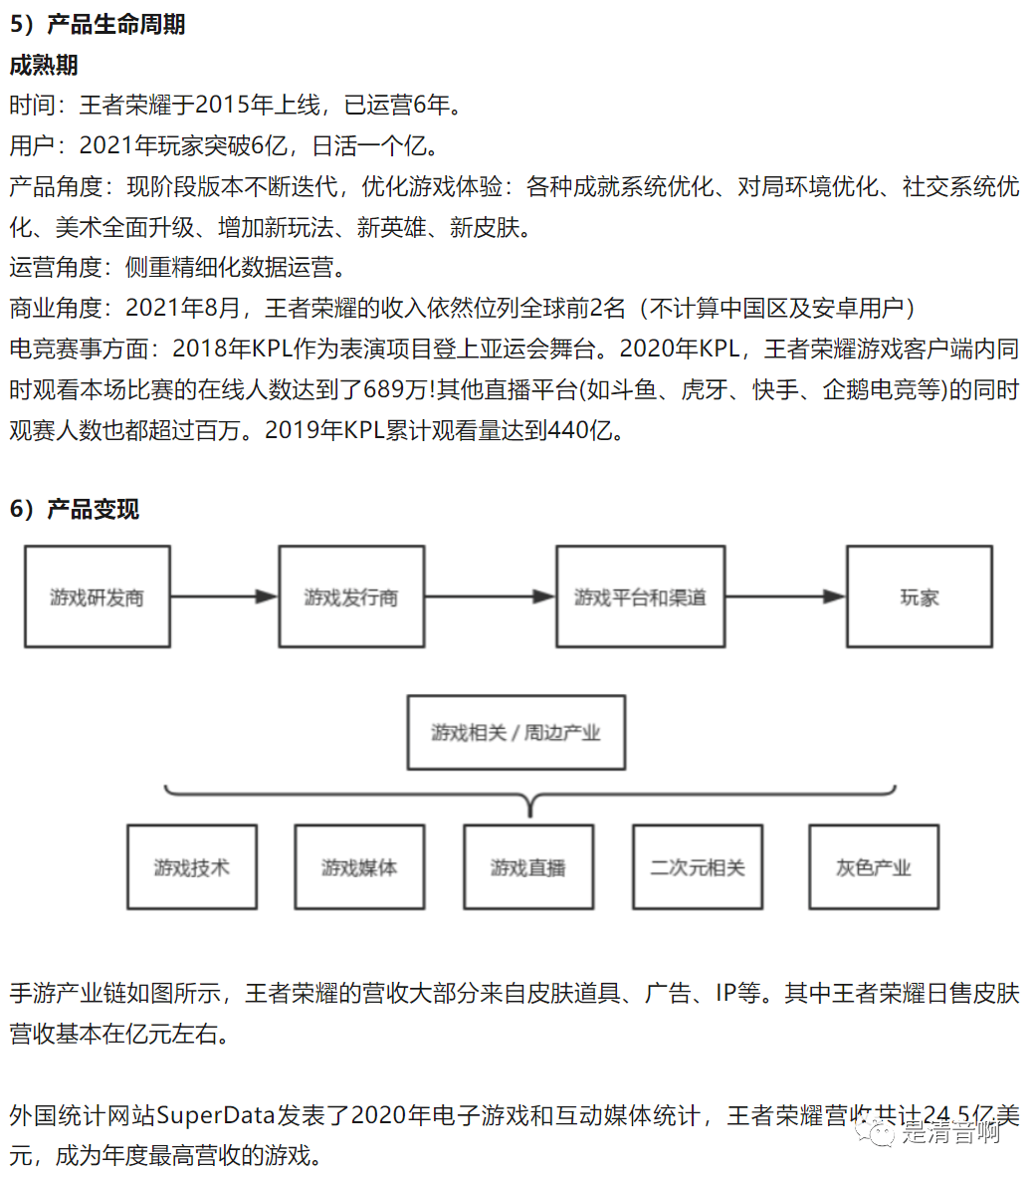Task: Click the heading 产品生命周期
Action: (x=115, y=24)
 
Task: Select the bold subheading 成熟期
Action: (x=44, y=66)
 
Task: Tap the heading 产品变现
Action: (x=93, y=509)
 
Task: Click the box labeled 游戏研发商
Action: (x=98, y=596)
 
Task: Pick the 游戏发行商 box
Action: (x=351, y=596)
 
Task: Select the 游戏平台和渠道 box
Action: (x=640, y=596)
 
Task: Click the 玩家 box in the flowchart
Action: (x=920, y=596)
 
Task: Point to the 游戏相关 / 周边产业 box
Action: (x=517, y=733)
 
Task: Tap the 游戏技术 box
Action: (x=192, y=867)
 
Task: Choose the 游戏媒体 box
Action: (x=359, y=867)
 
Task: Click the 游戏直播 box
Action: (x=528, y=867)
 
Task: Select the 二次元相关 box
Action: (x=698, y=867)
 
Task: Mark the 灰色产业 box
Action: (x=874, y=867)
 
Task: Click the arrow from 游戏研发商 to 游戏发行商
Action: (x=224, y=596)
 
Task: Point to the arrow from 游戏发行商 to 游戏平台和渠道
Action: (x=490, y=596)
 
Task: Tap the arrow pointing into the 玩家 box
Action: (x=785, y=596)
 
